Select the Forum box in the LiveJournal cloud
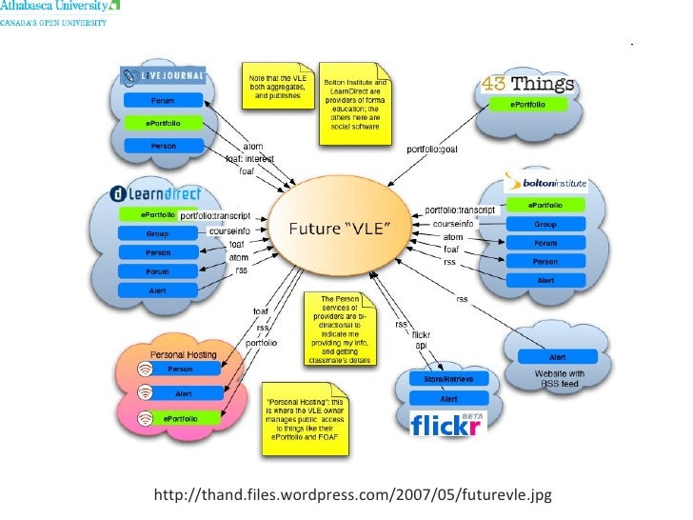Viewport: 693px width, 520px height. click(x=163, y=99)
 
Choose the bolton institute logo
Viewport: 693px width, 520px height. click(x=544, y=181)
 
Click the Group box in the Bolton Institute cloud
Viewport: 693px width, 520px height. click(x=544, y=225)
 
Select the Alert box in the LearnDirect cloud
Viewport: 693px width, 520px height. click(x=157, y=290)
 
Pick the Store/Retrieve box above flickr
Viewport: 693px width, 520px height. click(x=448, y=379)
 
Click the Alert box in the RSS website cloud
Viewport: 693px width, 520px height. click(x=557, y=357)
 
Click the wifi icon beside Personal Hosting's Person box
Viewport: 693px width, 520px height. click(x=143, y=370)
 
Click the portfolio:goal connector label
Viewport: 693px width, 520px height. click(x=433, y=149)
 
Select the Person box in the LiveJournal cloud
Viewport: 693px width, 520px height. click(x=163, y=146)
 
